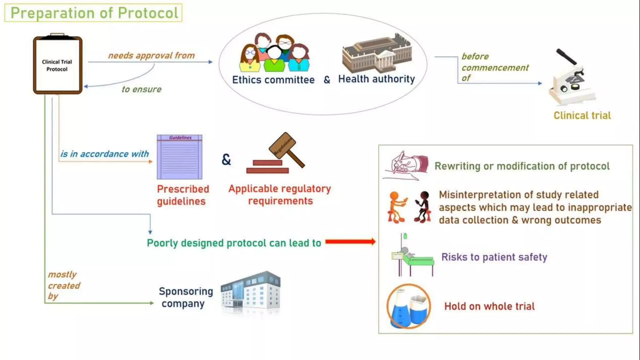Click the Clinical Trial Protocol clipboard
click(57, 65)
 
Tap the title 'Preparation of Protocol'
click(94, 13)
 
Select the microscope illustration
click(571, 78)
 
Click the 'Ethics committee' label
click(273, 80)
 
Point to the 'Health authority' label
click(377, 79)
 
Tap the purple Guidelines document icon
click(179, 157)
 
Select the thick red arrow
click(350, 242)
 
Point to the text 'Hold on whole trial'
click(489, 306)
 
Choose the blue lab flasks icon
click(409, 306)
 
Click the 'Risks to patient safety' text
click(494, 257)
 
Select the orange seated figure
click(396, 207)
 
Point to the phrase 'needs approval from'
click(151, 56)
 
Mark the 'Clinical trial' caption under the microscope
click(582, 116)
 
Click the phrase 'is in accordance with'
click(104, 154)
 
